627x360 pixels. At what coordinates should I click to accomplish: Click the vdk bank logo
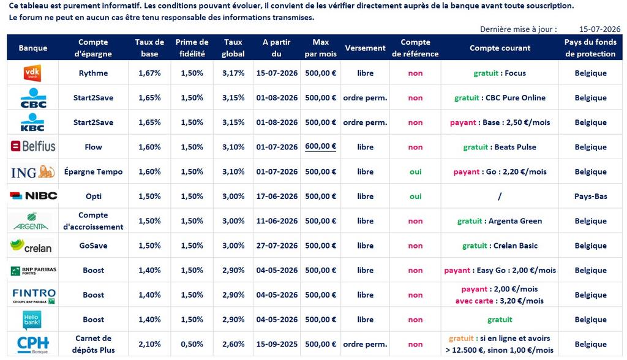tap(32, 73)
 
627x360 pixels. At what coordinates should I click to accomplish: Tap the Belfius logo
tap(33, 146)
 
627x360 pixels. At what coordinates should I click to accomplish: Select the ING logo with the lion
tap(33, 172)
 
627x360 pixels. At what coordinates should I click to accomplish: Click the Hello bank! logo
tap(32, 320)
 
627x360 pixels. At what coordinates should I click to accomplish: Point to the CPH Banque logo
tap(33, 345)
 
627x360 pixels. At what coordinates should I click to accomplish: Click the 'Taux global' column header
tap(233, 48)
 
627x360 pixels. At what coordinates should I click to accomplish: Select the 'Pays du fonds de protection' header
tap(590, 48)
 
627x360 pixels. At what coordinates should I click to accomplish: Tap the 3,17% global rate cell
tap(233, 73)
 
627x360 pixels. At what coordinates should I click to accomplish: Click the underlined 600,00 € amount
tap(321, 147)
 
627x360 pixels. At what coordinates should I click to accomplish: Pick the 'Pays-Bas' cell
tap(591, 197)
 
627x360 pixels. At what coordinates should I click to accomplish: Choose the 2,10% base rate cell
tap(149, 344)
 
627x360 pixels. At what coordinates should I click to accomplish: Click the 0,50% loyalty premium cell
tap(192, 344)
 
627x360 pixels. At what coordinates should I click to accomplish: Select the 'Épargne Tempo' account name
tap(93, 171)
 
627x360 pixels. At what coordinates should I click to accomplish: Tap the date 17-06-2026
tap(277, 197)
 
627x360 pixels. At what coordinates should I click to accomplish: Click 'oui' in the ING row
tap(416, 171)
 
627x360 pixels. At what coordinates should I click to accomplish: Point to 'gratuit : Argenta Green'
tap(500, 221)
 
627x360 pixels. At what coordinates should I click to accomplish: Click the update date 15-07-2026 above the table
tap(600, 29)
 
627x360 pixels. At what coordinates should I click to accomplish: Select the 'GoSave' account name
tap(93, 246)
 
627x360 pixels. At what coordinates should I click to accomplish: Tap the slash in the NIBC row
tap(500, 197)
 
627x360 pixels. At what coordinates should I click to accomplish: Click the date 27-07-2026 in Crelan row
tap(277, 246)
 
